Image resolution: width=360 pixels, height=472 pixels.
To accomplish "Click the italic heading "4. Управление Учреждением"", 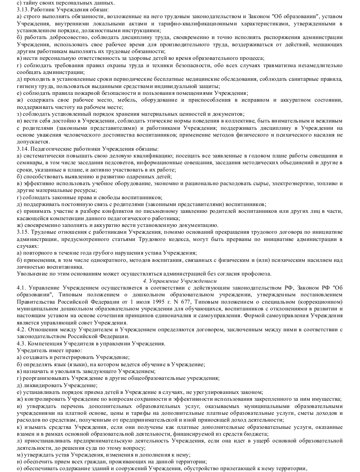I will [x=179, y=281].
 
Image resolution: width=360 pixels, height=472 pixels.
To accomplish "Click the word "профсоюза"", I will [x=258, y=273].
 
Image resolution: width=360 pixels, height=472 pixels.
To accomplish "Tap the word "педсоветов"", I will [x=117, y=162].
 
